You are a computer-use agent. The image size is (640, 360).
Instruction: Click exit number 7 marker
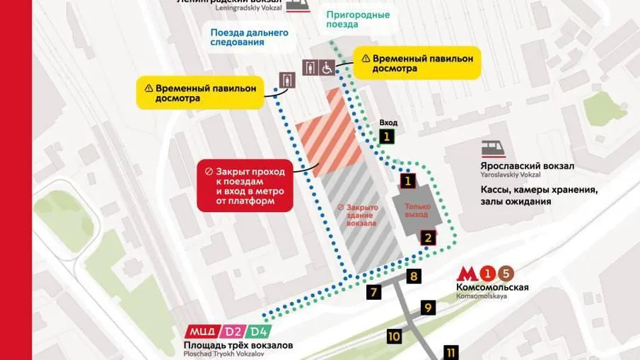[374, 291]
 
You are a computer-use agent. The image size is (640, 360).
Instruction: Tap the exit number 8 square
[414, 277]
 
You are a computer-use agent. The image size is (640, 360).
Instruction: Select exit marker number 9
[428, 308]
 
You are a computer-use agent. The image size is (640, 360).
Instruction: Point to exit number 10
[394, 336]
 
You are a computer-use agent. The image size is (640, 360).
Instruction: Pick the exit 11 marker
[451, 352]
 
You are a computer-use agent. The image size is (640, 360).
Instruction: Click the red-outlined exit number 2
[426, 238]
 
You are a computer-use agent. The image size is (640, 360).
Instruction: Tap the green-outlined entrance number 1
[386, 137]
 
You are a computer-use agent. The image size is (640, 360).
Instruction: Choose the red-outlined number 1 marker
[407, 181]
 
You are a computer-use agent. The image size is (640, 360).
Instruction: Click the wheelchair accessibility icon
[327, 68]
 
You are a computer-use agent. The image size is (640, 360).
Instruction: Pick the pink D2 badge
[233, 331]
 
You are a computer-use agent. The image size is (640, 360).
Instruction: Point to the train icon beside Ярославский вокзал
[493, 149]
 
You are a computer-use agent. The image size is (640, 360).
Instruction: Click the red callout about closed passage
[245, 187]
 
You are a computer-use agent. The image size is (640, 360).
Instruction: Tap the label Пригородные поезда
[358, 19]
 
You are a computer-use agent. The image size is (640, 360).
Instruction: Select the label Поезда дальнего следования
[249, 37]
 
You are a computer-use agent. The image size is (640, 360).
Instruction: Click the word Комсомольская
[492, 287]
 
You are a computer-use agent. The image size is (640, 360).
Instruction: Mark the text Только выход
[417, 211]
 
